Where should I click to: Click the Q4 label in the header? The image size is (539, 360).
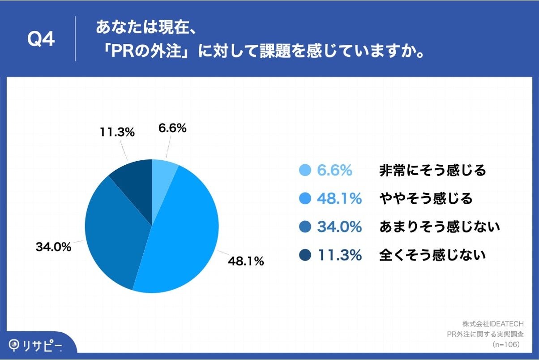coord(41,39)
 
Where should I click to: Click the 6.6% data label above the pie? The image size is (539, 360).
coord(172,129)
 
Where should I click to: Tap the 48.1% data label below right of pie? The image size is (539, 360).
coord(246,261)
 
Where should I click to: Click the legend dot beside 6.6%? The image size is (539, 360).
coord(305,171)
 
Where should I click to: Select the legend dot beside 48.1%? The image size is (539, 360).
coord(305,199)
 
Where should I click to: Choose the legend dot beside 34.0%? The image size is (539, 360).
coord(305,227)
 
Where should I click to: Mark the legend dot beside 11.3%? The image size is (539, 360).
coord(305,255)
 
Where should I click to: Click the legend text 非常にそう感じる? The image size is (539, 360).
coord(432,171)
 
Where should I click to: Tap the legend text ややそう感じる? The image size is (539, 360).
coord(426,199)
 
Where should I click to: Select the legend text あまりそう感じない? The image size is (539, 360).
coord(439,227)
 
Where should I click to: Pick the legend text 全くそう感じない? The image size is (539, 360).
coord(432,255)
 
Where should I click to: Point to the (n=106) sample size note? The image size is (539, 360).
coord(505,345)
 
